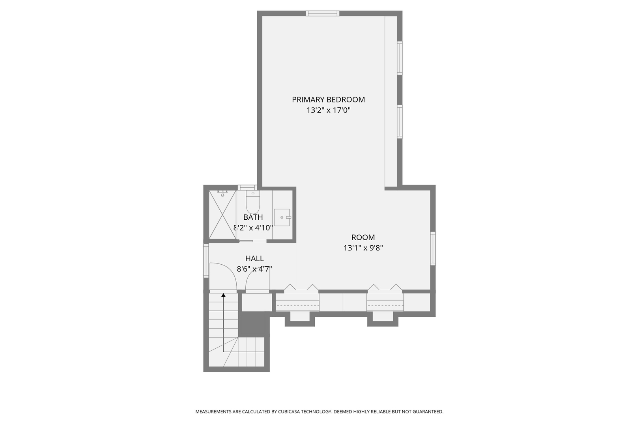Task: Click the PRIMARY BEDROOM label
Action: pyautogui.click(x=328, y=100)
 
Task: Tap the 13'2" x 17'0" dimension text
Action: pyautogui.click(x=328, y=110)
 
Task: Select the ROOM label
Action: pyautogui.click(x=363, y=237)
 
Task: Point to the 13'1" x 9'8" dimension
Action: pyautogui.click(x=363, y=248)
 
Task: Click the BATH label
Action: pyautogui.click(x=253, y=217)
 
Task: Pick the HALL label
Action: pyautogui.click(x=254, y=259)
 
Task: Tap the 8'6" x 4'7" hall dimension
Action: pyautogui.click(x=254, y=269)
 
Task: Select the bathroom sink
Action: pyautogui.click(x=282, y=217)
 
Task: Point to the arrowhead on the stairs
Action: pyautogui.click(x=223, y=295)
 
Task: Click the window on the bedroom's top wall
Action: pyautogui.click(x=322, y=13)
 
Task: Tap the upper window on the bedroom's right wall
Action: pyautogui.click(x=400, y=58)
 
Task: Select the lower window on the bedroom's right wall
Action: pyautogui.click(x=400, y=121)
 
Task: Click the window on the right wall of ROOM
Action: pyautogui.click(x=433, y=248)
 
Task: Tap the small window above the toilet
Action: pyautogui.click(x=247, y=187)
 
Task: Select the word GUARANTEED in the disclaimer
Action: pyautogui.click(x=428, y=412)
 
